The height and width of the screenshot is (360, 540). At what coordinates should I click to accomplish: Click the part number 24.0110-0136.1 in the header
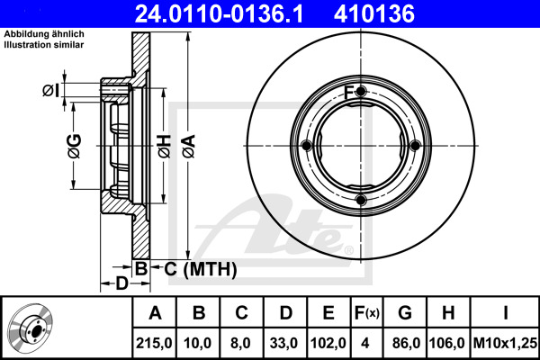[219, 13]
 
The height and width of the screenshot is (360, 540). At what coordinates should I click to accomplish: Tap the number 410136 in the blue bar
[374, 13]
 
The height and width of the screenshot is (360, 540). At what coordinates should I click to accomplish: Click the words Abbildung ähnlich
[44, 34]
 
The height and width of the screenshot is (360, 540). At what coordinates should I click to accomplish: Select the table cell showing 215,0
[154, 343]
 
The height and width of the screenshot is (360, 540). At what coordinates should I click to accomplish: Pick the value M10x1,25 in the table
[505, 343]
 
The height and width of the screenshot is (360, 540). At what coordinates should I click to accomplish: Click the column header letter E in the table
[328, 313]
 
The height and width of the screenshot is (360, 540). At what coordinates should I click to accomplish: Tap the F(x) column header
[367, 313]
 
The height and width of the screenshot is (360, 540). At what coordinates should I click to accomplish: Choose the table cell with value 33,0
[283, 343]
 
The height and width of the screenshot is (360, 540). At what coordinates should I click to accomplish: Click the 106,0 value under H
[447, 343]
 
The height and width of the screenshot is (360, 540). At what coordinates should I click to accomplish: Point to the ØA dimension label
[189, 146]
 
